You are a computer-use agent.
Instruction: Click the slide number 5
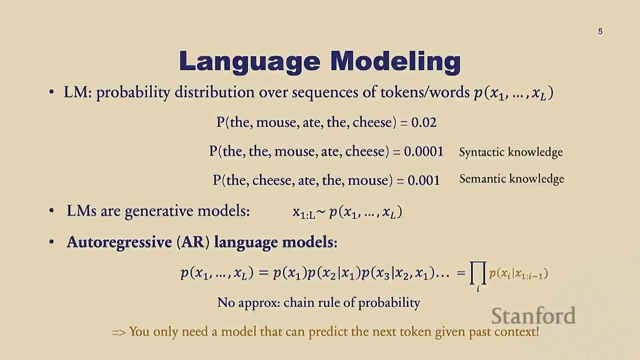(x=600, y=31)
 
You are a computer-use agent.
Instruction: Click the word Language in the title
(x=250, y=62)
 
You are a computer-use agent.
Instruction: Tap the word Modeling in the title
(x=396, y=62)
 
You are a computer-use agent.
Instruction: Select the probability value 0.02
(x=424, y=123)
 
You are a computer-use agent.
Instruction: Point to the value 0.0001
(x=424, y=152)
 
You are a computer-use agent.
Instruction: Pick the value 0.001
(x=424, y=181)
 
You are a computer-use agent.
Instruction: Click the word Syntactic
(x=482, y=152)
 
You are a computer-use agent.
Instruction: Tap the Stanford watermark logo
(x=534, y=316)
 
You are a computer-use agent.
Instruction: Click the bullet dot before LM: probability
(x=51, y=92)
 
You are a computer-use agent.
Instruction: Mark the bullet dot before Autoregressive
(x=51, y=242)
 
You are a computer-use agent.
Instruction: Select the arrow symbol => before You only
(x=119, y=332)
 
